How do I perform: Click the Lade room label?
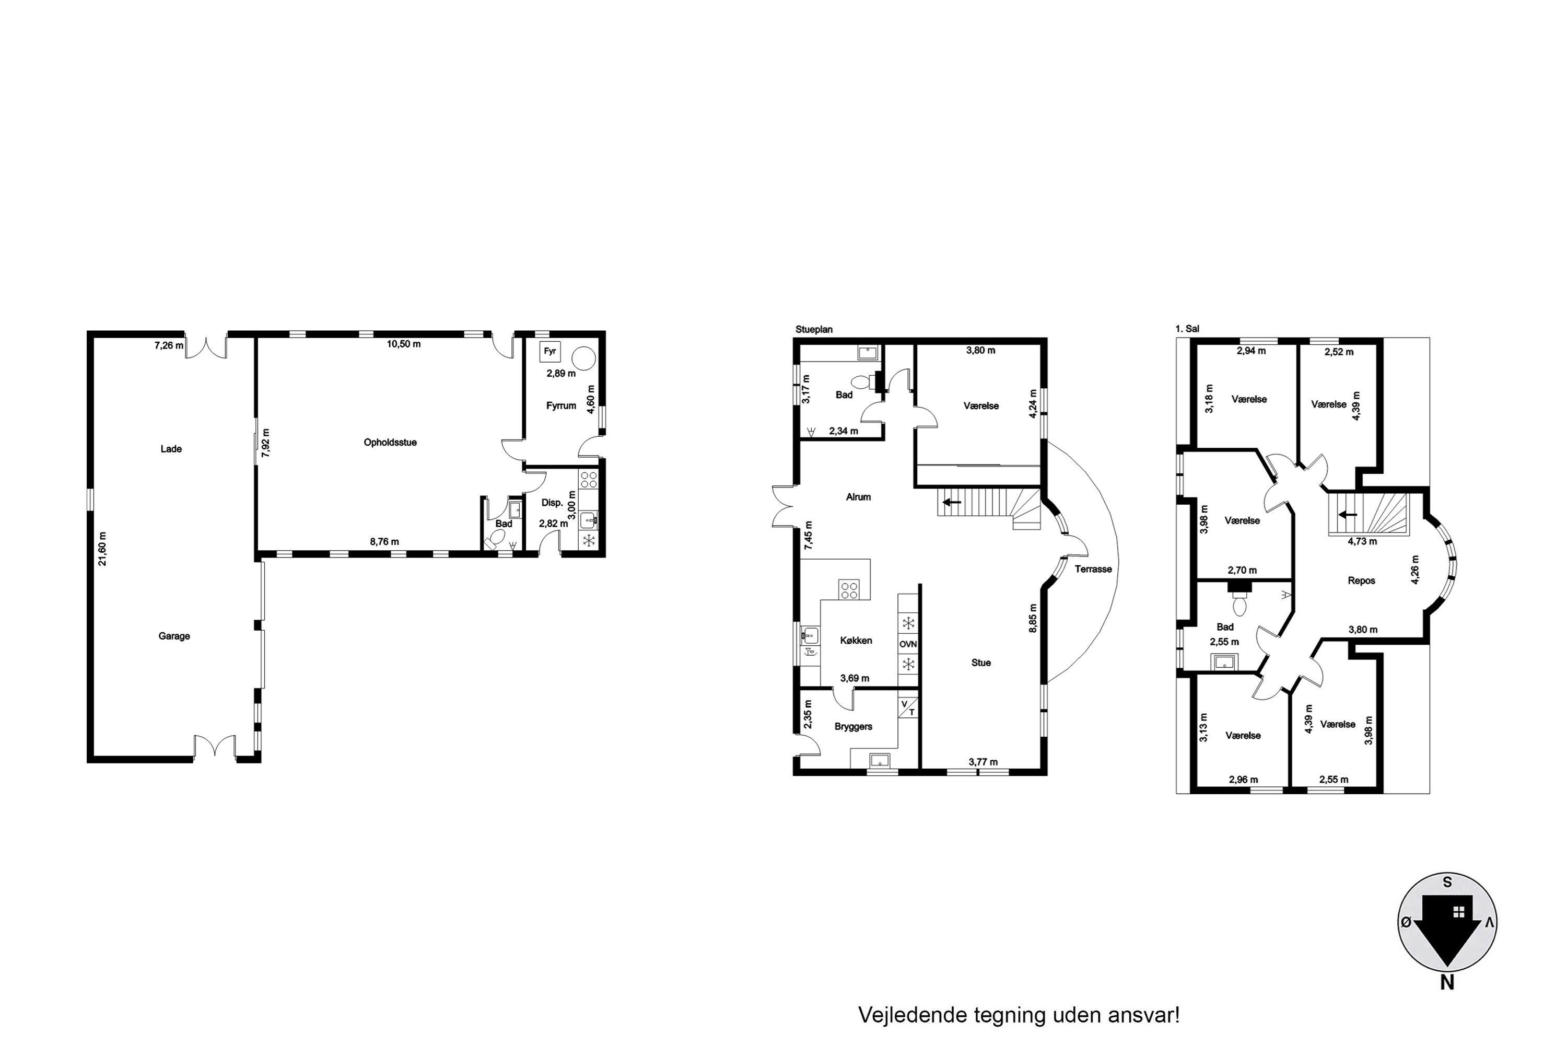click(171, 449)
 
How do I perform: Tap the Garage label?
click(174, 636)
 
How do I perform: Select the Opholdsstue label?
click(390, 443)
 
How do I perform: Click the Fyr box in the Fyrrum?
click(549, 351)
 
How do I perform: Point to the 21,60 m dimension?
click(102, 549)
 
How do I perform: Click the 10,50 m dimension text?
click(404, 344)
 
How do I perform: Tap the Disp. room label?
click(552, 503)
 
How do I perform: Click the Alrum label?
click(858, 497)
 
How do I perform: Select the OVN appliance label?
click(908, 644)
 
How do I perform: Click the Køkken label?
click(856, 641)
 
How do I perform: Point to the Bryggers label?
click(853, 726)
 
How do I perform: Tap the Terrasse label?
click(1093, 569)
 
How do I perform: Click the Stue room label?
click(981, 663)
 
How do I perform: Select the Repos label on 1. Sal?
click(1361, 581)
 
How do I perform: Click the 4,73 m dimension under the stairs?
click(1362, 542)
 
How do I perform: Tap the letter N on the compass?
click(1447, 982)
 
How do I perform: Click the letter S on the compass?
click(1447, 883)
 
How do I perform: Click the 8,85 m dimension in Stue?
click(1033, 619)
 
